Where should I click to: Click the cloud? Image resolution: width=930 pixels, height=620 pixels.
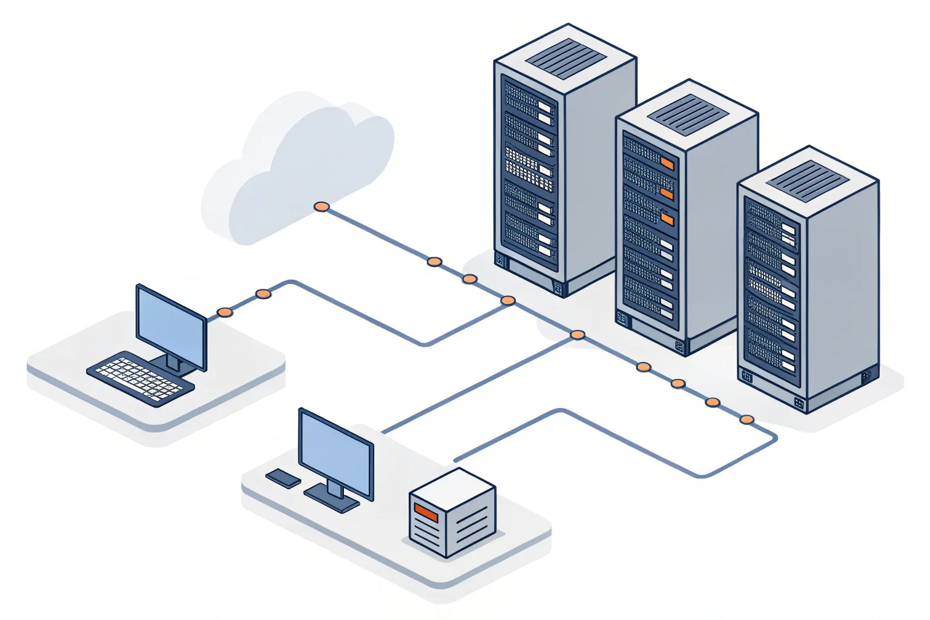click(303, 163)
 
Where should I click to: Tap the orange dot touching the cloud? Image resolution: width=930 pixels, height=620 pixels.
click(322, 207)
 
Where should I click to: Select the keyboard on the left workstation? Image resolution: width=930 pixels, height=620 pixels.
click(140, 378)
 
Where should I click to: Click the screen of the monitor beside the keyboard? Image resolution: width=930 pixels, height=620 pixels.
click(171, 328)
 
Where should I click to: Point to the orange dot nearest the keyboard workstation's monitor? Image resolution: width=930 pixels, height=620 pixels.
click(225, 312)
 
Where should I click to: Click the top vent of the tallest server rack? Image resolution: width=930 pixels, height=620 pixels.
click(566, 59)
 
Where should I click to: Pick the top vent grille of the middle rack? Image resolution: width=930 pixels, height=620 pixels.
click(687, 114)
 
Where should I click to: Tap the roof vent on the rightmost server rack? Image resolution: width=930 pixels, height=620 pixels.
click(808, 181)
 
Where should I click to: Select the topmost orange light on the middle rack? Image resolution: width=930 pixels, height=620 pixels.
click(667, 163)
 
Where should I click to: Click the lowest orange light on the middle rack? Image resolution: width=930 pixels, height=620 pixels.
click(667, 218)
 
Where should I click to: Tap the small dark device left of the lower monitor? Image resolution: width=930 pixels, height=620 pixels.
click(283, 478)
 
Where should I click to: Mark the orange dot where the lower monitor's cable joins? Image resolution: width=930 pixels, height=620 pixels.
click(578, 334)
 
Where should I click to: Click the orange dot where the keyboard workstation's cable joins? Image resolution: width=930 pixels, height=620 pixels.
click(508, 301)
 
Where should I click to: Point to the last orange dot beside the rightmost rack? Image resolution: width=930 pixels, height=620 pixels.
click(747, 419)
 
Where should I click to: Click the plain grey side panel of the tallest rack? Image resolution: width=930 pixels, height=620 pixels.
click(599, 176)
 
